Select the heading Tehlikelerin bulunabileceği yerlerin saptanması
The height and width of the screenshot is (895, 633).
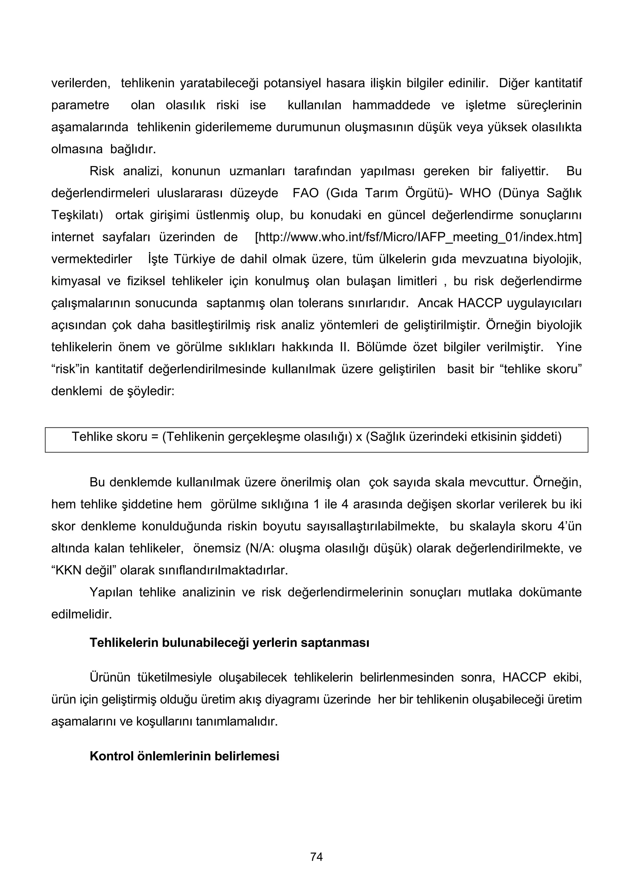coord(229,643)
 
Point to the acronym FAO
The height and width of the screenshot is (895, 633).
coord(305,193)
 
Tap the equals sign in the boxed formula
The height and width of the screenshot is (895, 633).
coord(155,437)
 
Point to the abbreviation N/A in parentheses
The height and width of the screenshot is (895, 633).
coord(257,548)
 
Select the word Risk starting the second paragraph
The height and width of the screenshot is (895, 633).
coord(101,171)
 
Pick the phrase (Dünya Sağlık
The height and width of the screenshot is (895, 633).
coord(540,193)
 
